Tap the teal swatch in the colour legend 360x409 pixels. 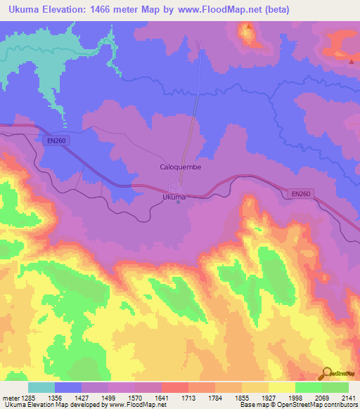[41, 387]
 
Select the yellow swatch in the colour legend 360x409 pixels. [282, 387]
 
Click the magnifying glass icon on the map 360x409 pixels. [327, 372]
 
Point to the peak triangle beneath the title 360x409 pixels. [248, 27]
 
